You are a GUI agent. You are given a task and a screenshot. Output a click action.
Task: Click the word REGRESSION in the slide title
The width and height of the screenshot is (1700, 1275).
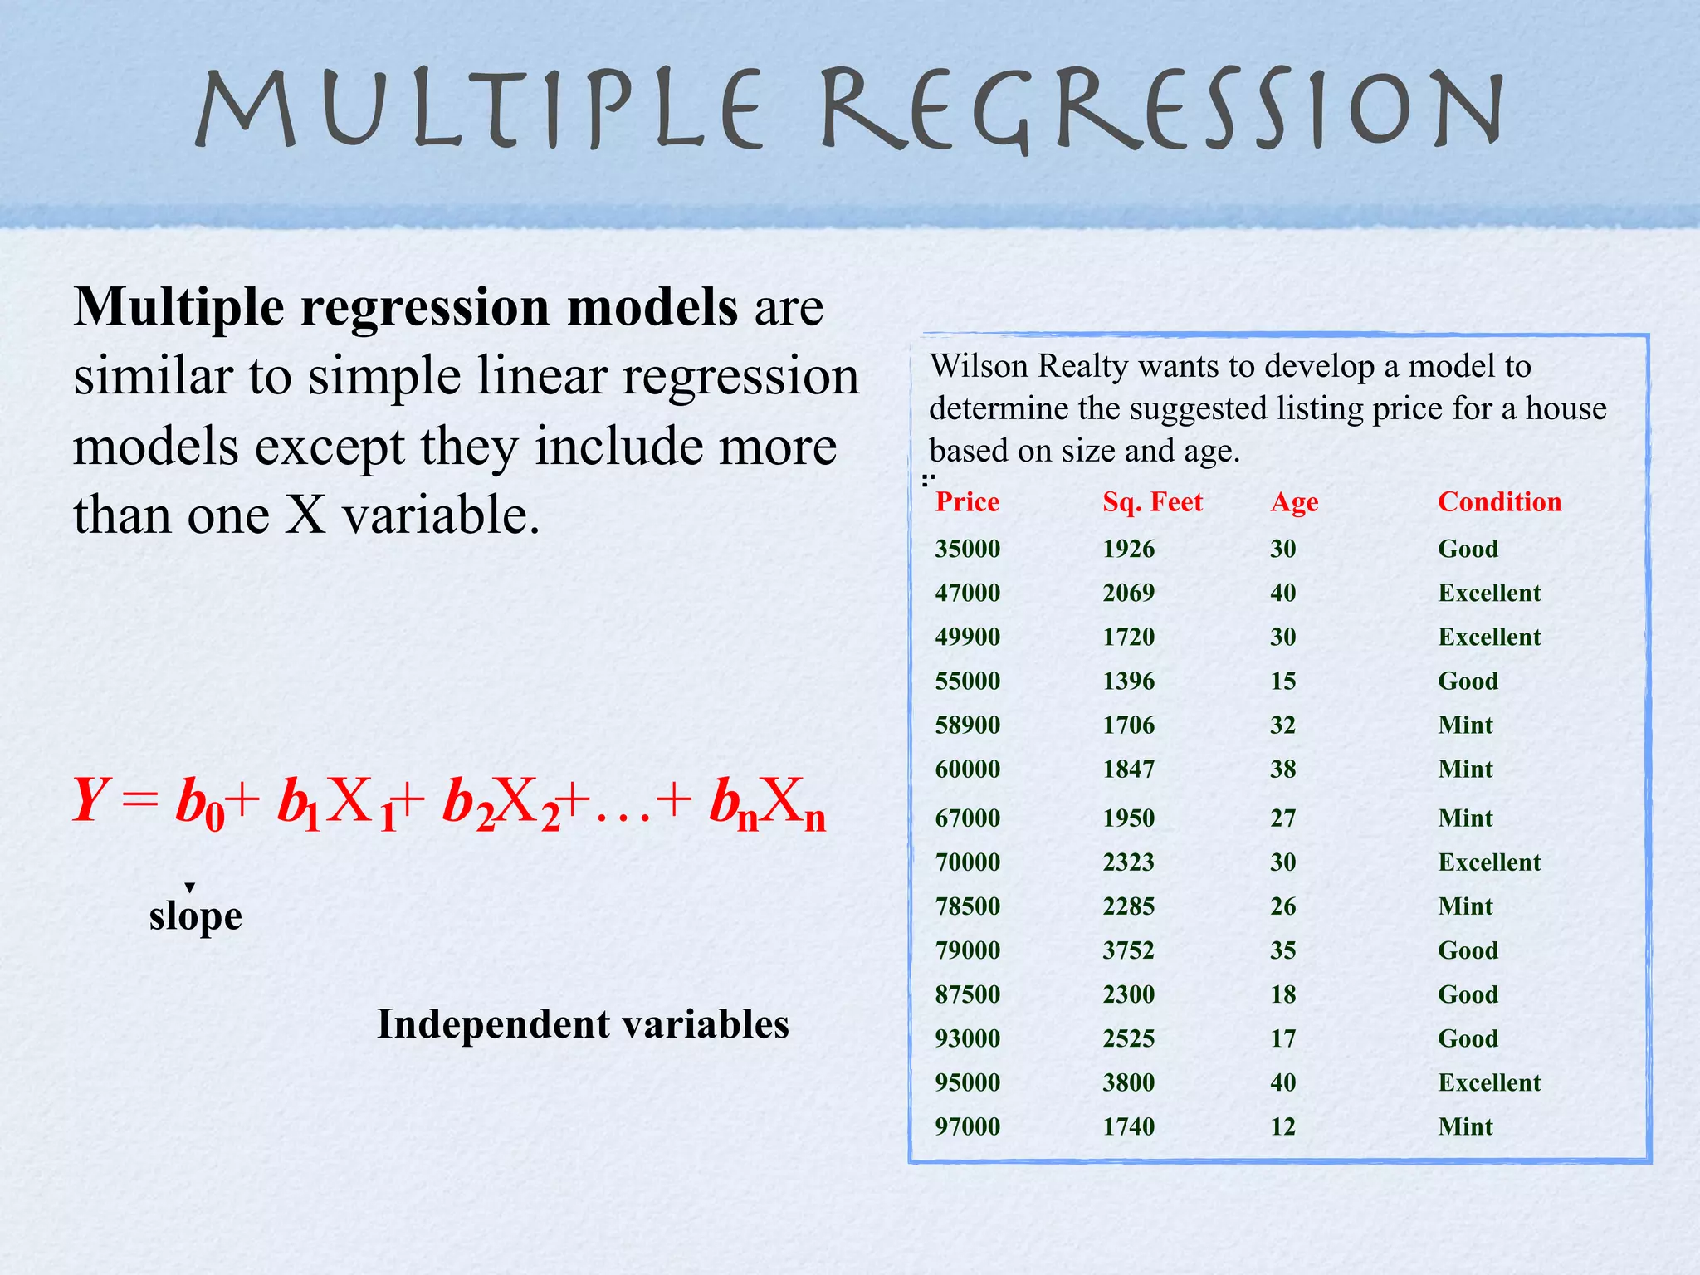(1162, 112)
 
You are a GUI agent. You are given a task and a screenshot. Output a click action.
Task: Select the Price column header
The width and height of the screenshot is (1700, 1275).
(967, 502)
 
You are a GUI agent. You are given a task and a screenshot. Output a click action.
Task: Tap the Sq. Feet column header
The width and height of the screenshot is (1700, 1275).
(1152, 502)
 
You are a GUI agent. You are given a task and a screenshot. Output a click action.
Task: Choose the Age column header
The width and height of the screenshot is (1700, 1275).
(1294, 503)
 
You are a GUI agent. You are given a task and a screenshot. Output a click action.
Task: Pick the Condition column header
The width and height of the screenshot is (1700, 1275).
(1499, 502)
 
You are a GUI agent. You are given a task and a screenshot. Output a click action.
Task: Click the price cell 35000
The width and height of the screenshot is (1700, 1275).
(967, 549)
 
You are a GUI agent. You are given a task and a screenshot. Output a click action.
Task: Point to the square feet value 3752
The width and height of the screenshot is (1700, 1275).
(1128, 950)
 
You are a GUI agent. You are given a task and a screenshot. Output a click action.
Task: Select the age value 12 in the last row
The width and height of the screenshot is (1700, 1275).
(1282, 1126)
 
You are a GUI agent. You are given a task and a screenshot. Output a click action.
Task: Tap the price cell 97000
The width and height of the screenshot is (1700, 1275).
(967, 1126)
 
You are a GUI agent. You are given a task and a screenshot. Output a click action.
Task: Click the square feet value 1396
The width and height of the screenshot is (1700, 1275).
(1128, 681)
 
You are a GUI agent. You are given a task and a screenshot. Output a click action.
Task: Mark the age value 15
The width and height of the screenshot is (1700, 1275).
(1282, 681)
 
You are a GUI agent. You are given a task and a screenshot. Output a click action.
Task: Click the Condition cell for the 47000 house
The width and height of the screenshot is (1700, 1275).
(1489, 593)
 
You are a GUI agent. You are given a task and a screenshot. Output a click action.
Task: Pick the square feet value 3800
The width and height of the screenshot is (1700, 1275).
(1128, 1082)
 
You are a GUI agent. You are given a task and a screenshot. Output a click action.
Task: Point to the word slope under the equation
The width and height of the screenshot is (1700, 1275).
(196, 917)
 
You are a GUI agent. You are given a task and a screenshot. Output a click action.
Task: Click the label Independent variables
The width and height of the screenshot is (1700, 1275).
(583, 1024)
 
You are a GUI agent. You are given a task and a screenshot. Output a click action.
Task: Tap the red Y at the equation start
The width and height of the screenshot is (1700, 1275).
(88, 800)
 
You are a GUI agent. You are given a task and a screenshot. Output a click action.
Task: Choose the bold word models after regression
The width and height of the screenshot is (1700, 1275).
(652, 307)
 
